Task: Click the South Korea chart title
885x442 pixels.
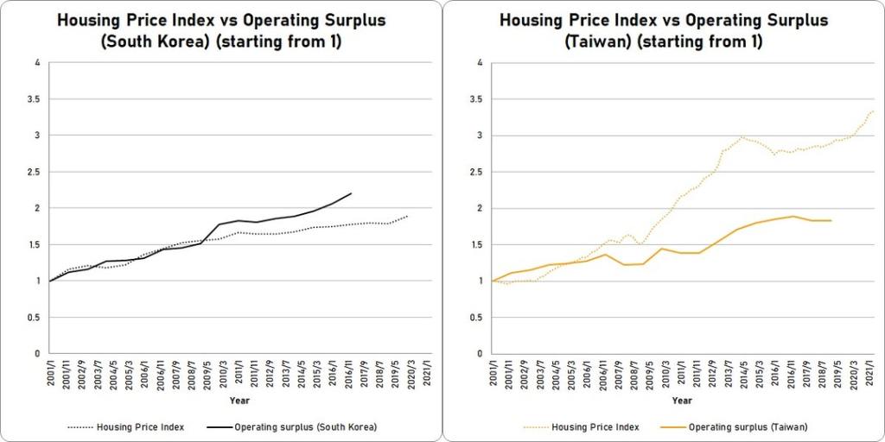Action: coord(222,31)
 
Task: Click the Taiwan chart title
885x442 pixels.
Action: coord(664,31)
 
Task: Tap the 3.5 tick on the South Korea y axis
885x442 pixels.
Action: coord(36,99)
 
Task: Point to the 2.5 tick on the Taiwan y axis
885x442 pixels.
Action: coord(478,172)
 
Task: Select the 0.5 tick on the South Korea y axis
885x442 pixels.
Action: coord(36,317)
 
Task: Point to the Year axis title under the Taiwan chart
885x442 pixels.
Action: coord(682,401)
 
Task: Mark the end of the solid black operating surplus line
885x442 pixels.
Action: coord(351,193)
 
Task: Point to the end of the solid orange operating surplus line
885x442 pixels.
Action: coord(831,220)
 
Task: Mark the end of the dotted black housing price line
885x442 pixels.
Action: coord(408,216)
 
